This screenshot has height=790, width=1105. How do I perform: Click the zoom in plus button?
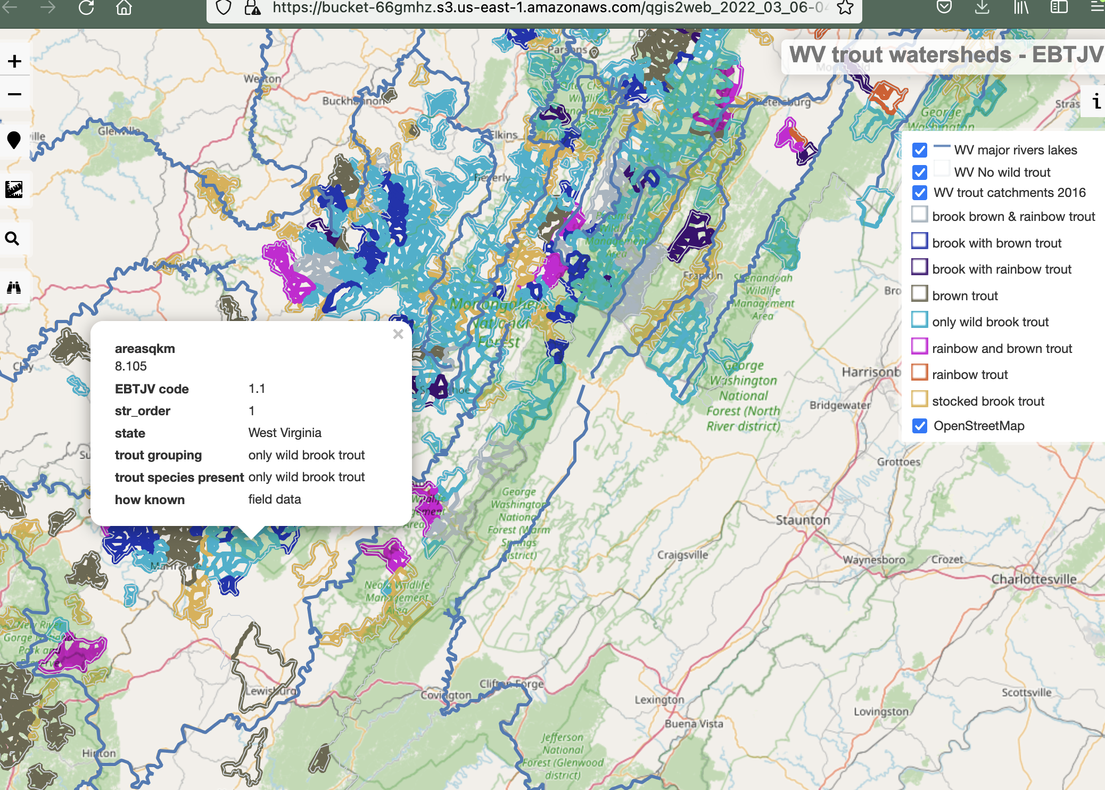[x=14, y=61]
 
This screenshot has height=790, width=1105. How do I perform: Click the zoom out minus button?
[x=14, y=94]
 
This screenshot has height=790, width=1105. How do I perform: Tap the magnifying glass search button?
[x=13, y=238]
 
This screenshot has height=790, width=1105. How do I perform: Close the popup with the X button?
[x=398, y=334]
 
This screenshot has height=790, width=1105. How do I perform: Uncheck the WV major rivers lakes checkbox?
[x=919, y=150]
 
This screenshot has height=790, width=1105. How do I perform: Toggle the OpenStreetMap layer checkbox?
[x=919, y=426]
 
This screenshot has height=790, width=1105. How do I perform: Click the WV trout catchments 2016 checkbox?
[x=919, y=193]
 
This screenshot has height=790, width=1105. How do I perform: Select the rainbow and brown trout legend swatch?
[x=919, y=347]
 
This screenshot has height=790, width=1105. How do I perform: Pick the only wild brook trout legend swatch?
[x=919, y=320]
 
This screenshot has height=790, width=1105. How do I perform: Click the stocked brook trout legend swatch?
[x=919, y=399]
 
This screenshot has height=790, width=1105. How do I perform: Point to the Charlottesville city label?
[x=1033, y=579]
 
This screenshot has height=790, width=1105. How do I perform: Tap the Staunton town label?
[x=802, y=520]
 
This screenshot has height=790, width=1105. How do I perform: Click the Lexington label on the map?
[x=659, y=699]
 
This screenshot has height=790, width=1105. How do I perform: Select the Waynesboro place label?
[x=873, y=559]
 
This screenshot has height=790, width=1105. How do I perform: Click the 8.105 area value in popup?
[x=131, y=366]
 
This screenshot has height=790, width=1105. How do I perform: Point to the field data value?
[x=275, y=499]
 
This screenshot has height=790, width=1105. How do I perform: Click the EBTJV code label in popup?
[x=152, y=389]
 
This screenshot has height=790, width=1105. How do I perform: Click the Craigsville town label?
[x=682, y=555]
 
